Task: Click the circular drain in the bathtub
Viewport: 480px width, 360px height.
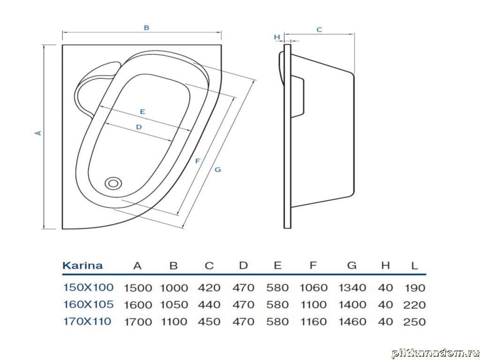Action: coord(113,183)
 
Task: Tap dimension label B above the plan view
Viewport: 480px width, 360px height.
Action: coord(146,28)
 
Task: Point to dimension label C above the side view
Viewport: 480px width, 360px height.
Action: coord(319,30)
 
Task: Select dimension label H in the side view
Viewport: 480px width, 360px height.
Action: coord(277,37)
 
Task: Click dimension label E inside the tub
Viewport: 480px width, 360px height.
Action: coord(142,112)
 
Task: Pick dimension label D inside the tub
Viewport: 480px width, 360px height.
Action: coord(139,127)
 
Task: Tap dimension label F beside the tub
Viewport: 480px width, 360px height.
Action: coord(197,161)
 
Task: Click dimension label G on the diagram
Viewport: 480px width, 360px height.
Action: coord(217,170)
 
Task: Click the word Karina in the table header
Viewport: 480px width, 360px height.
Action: coord(82,265)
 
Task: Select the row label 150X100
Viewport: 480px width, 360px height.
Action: coord(88,287)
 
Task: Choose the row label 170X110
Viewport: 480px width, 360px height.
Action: coord(87,321)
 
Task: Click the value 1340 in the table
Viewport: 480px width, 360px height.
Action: coord(352,287)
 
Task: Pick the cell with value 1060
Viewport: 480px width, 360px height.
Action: coord(313,287)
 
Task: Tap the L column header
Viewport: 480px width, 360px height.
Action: coord(414,266)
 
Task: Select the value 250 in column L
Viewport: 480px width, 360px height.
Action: coord(414,322)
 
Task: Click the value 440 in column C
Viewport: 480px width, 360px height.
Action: coord(209,305)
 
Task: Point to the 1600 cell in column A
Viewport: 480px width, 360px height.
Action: coord(138,305)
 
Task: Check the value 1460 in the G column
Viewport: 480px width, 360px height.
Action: coord(352,322)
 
